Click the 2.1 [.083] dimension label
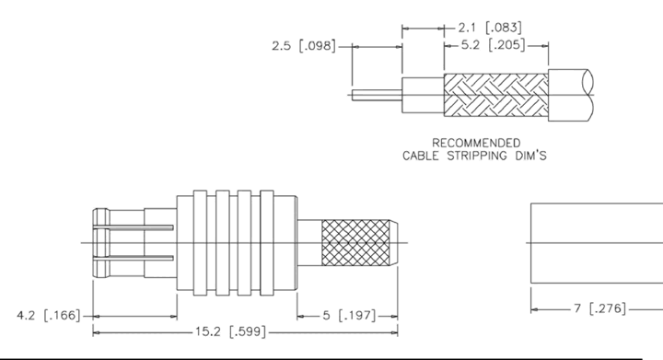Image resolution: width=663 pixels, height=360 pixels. (490, 28)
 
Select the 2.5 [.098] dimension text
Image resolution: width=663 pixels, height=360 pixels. (304, 46)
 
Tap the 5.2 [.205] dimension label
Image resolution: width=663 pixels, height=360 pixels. (493, 45)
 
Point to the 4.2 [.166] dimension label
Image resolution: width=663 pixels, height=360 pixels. (48, 315)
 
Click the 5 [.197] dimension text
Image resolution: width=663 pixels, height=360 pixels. (349, 315)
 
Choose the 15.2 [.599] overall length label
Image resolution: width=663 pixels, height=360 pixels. (231, 331)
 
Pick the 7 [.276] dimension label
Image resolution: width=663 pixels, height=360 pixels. (599, 308)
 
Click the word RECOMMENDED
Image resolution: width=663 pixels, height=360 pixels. (476, 143)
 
